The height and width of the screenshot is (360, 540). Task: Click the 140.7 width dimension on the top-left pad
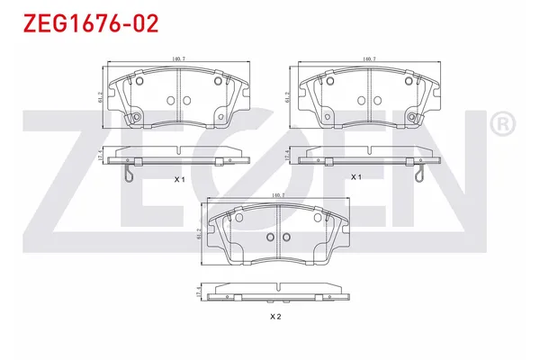(178, 59)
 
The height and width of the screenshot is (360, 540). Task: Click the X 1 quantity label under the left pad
(178, 179)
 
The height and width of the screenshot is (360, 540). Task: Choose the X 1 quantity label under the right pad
(355, 177)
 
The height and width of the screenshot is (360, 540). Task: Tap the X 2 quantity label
(275, 316)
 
